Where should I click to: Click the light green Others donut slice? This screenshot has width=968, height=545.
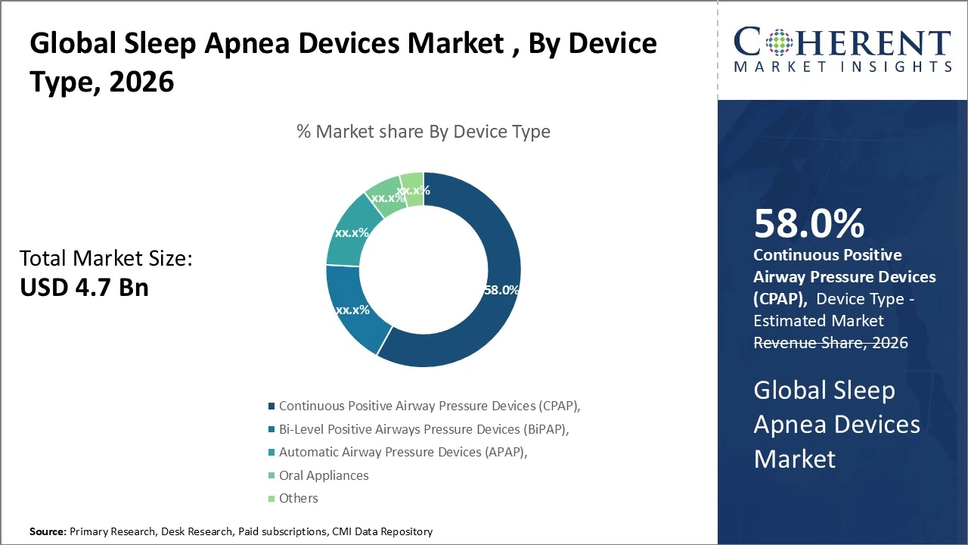click(x=413, y=188)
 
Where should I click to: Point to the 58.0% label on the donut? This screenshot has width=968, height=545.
click(x=501, y=289)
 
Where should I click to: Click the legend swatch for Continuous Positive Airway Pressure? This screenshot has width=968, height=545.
click(x=271, y=406)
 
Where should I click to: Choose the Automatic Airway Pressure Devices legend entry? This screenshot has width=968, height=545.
click(x=403, y=452)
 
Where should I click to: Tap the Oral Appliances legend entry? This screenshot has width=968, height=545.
click(x=324, y=475)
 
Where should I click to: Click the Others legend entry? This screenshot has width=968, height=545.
click(x=298, y=498)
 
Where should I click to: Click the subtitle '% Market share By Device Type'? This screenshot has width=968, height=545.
click(x=423, y=132)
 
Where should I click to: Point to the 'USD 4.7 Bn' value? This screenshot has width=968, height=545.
click(x=84, y=288)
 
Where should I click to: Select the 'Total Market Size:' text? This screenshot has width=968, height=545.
click(x=106, y=259)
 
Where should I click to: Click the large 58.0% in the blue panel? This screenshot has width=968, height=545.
click(x=808, y=224)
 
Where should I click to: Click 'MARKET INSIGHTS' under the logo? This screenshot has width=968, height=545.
click(x=842, y=67)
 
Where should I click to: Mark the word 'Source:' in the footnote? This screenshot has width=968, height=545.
click(x=48, y=532)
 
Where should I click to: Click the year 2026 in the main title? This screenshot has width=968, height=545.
click(x=141, y=81)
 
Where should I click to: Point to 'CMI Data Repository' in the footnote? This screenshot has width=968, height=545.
click(x=382, y=532)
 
